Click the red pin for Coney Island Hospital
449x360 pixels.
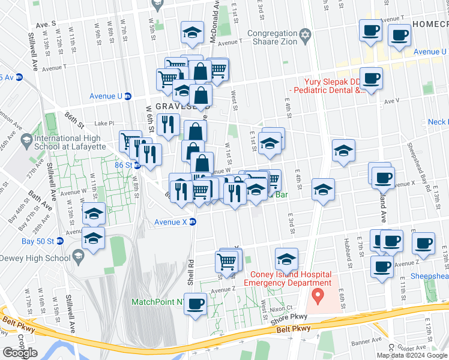point(318,295)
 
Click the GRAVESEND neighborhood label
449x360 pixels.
point(176,106)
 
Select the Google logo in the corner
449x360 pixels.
point(19,353)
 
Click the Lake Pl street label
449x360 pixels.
point(104,123)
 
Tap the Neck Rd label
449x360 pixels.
point(437,122)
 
